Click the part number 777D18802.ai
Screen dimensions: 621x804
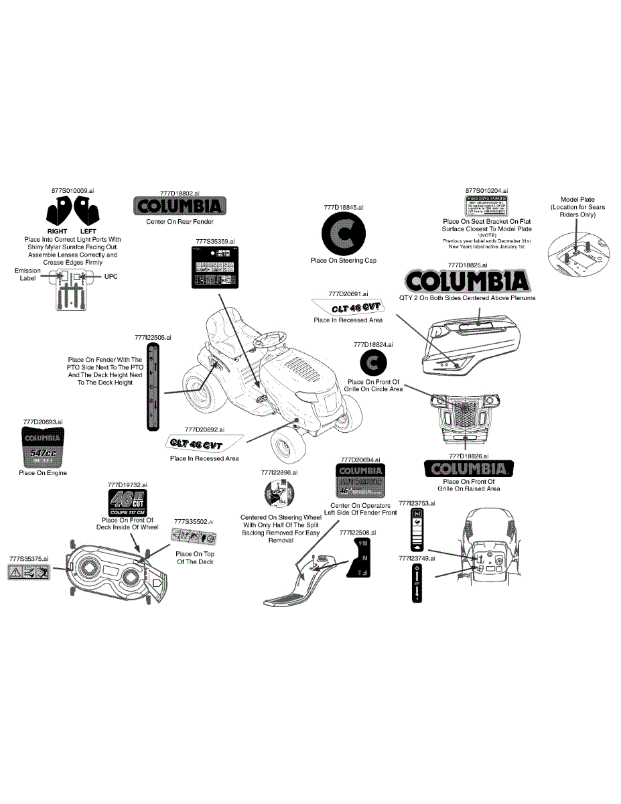tap(180, 192)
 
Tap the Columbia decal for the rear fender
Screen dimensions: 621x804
tap(180, 206)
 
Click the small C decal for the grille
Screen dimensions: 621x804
tap(373, 363)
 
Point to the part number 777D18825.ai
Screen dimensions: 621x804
tap(467, 265)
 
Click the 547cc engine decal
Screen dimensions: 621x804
tap(43, 447)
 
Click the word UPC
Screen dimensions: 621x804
tap(111, 276)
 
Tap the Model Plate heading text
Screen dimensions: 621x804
tap(577, 199)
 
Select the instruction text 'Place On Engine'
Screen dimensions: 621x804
tap(43, 473)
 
